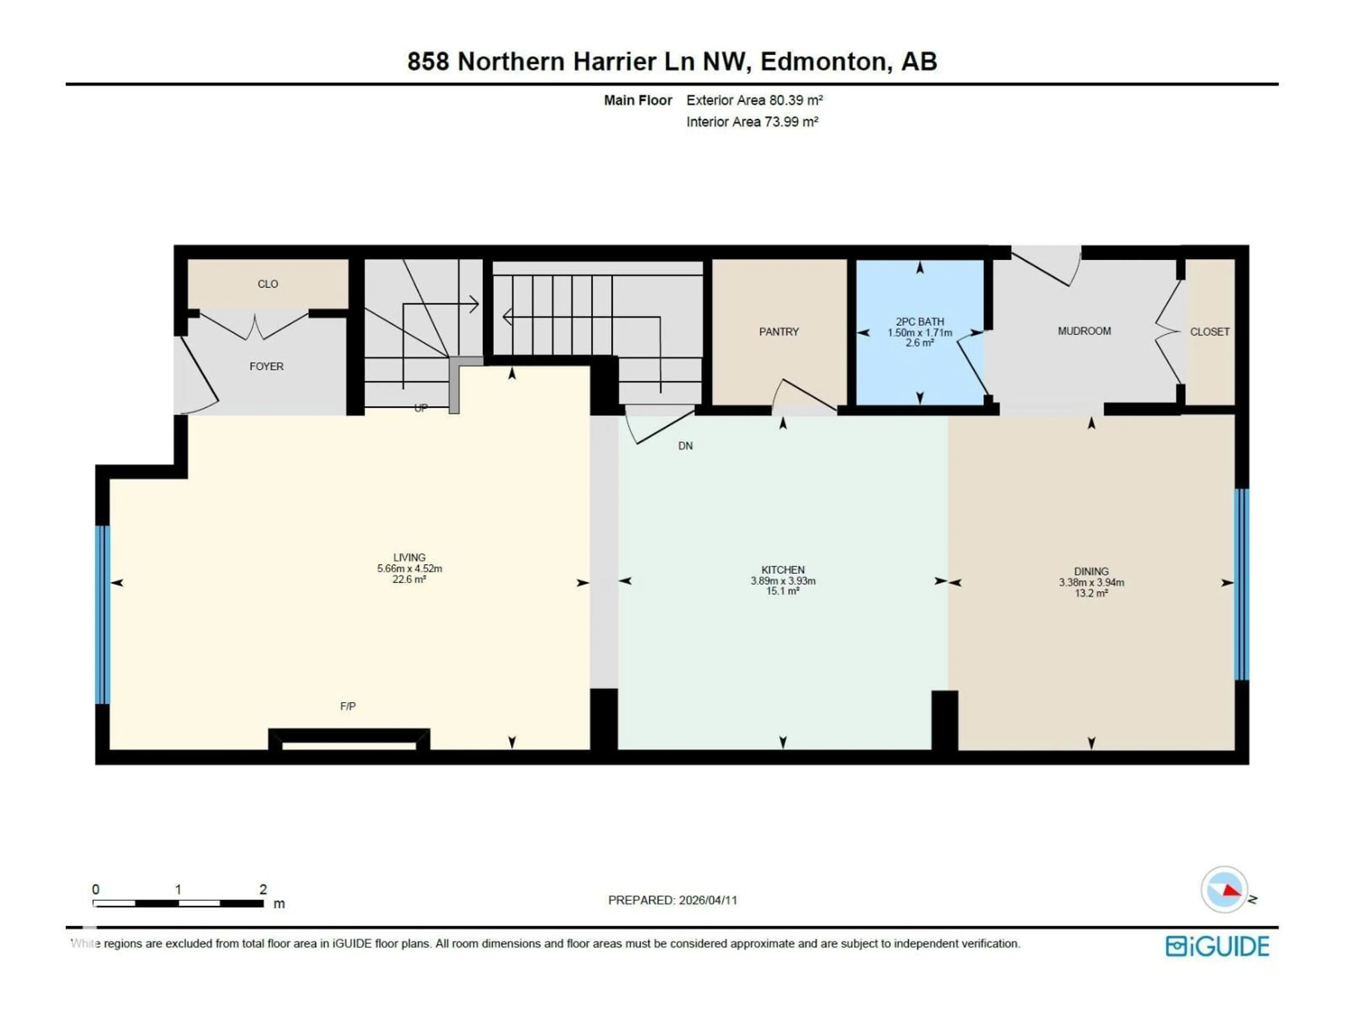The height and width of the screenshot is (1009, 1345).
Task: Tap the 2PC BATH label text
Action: (919, 322)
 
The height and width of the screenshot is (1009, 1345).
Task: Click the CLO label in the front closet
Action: (268, 284)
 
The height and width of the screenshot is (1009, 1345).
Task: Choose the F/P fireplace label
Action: (348, 706)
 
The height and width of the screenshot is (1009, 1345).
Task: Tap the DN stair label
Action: (685, 446)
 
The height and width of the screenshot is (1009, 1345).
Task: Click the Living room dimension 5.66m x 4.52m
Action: (409, 569)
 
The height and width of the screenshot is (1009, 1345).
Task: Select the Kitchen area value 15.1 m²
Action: (782, 591)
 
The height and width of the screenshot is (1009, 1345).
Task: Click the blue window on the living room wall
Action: (103, 614)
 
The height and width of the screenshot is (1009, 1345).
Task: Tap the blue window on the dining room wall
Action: (1242, 584)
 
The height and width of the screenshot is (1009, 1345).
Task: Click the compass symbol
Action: (1225, 890)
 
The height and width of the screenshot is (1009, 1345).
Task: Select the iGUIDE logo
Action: (1217, 946)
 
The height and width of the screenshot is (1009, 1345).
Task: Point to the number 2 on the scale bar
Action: (263, 889)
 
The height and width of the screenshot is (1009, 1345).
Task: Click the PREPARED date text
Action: (672, 900)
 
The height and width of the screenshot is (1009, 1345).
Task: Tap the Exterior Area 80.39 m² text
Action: (754, 100)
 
